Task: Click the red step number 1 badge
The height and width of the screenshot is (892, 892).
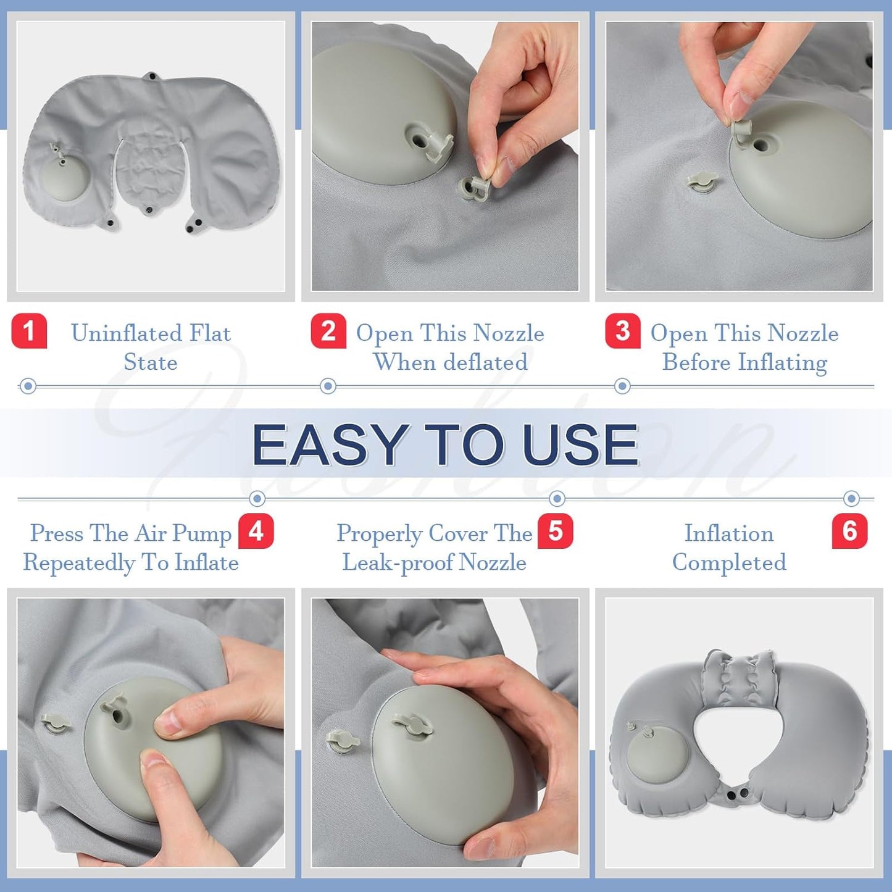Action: click(29, 331)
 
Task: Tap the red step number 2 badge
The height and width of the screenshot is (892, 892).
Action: click(328, 331)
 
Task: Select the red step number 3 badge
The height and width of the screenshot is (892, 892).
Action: click(622, 331)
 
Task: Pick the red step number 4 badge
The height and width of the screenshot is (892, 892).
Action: click(256, 531)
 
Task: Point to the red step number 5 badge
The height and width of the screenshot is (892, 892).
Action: click(555, 531)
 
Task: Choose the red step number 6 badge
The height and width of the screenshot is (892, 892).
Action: click(849, 531)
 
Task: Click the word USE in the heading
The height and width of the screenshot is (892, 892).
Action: click(580, 444)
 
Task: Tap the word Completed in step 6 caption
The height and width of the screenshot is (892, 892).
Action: click(729, 563)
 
